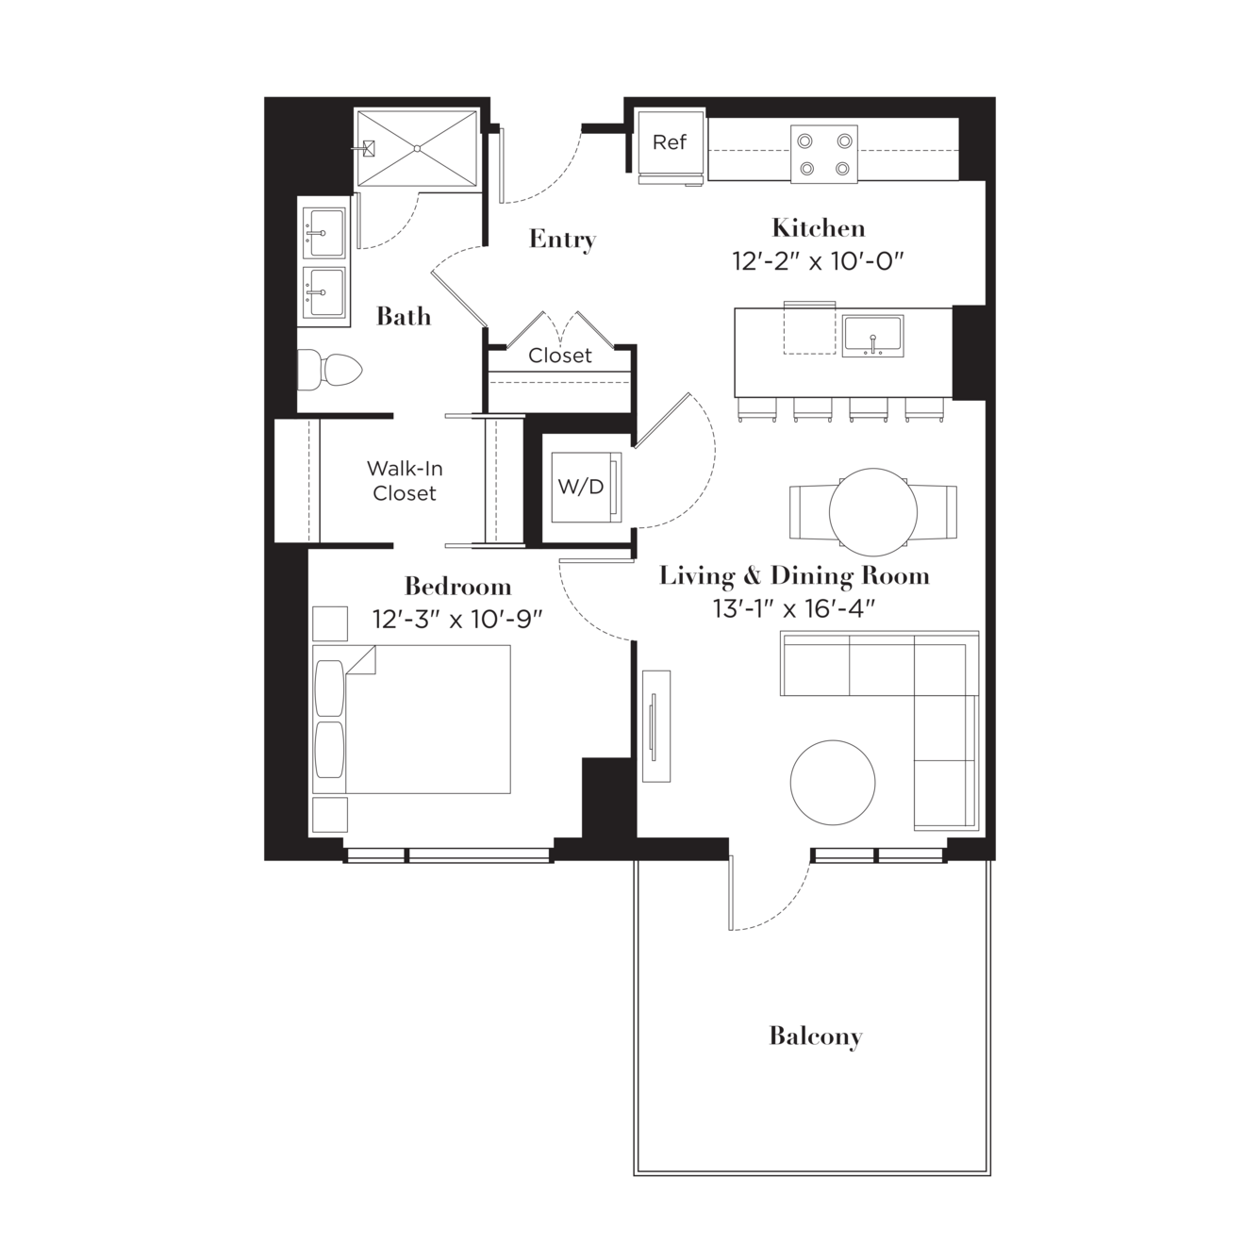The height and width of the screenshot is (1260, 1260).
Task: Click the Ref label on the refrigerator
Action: pos(669,141)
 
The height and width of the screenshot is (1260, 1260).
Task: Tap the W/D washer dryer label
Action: pos(581,487)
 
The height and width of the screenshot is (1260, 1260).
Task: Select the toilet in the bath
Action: pos(329,371)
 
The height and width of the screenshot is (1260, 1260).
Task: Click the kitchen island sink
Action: pos(872,336)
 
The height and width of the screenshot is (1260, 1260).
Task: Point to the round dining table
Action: pos(873,512)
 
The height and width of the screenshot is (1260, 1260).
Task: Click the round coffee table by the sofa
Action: pos(833,782)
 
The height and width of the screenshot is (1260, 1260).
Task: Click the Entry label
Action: pos(562,240)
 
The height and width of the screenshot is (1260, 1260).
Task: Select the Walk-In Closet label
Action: pos(405,481)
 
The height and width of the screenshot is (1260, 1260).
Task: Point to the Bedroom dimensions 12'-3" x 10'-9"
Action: pos(457,619)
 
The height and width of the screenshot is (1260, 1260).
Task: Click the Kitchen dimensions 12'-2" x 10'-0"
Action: pos(818,261)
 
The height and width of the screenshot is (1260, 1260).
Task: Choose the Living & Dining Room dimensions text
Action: pos(794,609)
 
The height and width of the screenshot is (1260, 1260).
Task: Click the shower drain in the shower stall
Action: pos(417,149)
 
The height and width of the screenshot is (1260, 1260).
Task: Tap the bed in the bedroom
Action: pos(411,720)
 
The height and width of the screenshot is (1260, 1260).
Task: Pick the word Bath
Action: pos(404,317)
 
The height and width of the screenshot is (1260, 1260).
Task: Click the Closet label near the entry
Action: pos(559,356)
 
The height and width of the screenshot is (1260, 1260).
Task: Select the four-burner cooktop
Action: pos(824,155)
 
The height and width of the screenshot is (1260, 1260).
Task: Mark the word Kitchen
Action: pos(818,227)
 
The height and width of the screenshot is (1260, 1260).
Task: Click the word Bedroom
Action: pos(457,586)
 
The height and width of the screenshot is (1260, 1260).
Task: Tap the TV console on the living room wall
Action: pos(655,726)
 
